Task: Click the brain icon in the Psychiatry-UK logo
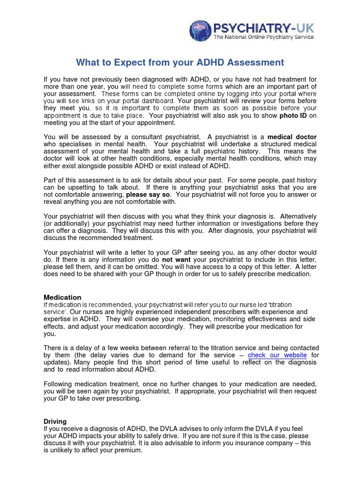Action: pos(200,31)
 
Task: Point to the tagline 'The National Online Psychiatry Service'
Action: pos(263,37)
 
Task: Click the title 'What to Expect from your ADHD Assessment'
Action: pos(180,62)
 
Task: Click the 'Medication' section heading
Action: pos(62,297)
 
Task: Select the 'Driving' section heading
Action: pos(55,421)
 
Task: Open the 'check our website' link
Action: pos(277,355)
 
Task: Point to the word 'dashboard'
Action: pos(160,101)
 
